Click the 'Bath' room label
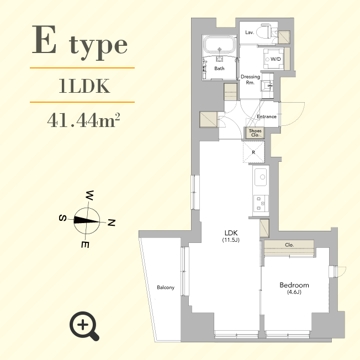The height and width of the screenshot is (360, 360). point(219,68)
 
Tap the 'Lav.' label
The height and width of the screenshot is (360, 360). point(250,33)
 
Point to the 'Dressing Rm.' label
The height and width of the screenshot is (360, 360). point(251,80)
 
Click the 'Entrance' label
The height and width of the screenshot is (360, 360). point(267,117)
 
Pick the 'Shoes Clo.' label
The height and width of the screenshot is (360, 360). point(255,133)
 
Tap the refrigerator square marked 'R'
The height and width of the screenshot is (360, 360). point(253,151)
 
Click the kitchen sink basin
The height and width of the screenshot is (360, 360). point(260,178)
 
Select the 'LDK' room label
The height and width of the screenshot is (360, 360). point(231,233)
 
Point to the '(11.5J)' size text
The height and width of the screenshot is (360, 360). point(231,240)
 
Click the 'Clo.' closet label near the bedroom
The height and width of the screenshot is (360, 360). point(289,245)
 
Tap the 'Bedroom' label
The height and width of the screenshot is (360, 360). point(294,285)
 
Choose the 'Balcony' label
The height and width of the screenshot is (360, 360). point(166,288)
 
